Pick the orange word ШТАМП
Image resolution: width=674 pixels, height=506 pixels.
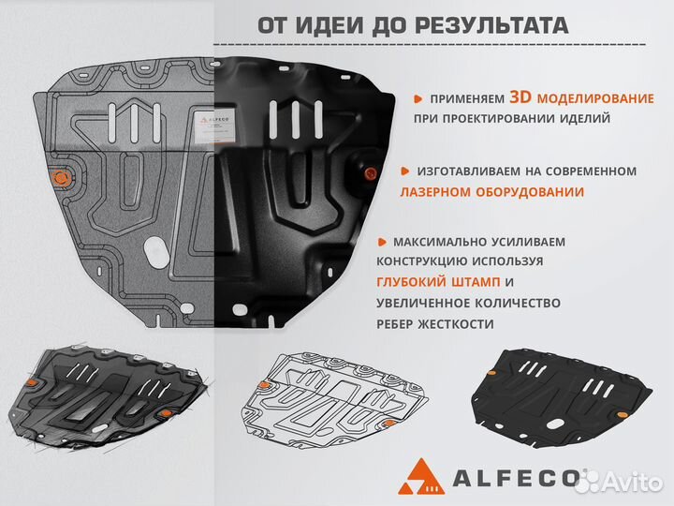click(x=477, y=282)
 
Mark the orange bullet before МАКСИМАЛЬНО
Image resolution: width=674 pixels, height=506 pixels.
click(x=384, y=242)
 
